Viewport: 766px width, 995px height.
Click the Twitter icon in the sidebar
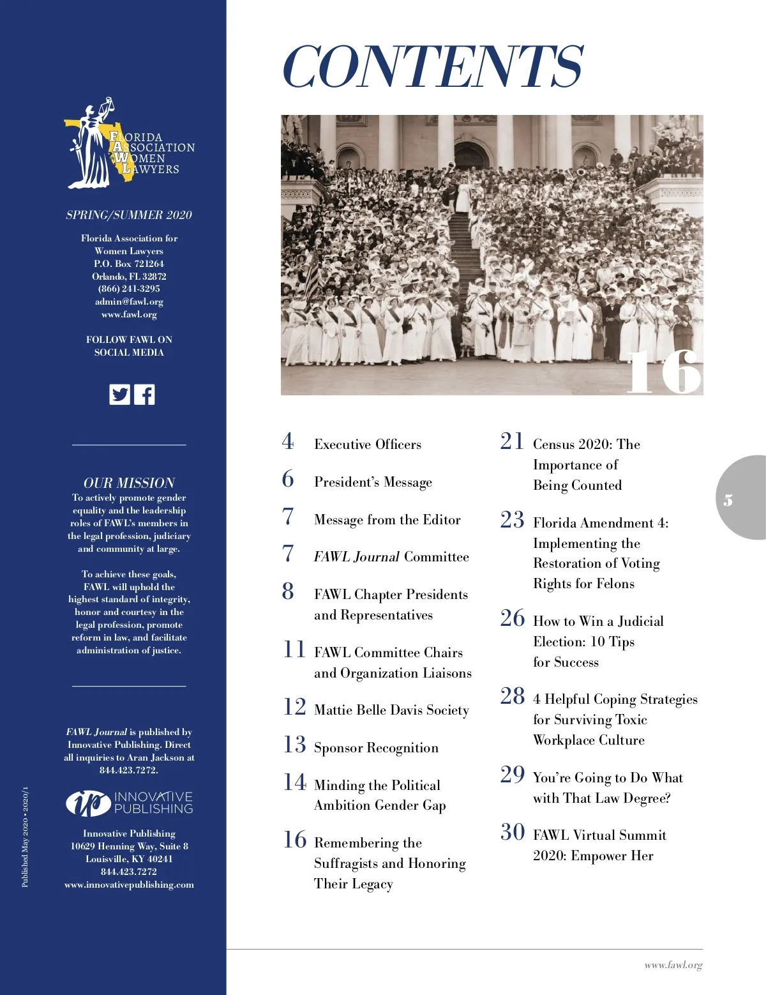(119, 394)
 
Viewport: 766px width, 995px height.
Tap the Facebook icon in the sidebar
(145, 394)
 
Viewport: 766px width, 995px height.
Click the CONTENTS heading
(432, 66)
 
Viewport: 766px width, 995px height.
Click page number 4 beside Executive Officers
(288, 441)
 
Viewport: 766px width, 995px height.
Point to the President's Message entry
(373, 482)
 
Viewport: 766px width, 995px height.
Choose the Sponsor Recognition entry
(376, 748)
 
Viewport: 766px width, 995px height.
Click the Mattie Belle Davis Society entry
(391, 710)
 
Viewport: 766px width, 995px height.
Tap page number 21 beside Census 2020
(512, 441)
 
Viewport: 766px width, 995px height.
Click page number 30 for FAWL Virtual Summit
(513, 832)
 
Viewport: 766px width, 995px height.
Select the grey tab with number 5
(740, 498)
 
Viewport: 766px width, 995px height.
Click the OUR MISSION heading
(129, 483)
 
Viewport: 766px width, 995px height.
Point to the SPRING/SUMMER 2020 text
(129, 215)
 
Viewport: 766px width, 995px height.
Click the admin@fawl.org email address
(129, 301)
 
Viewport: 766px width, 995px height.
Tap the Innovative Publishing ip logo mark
(88, 803)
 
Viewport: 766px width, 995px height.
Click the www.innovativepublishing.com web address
(129, 885)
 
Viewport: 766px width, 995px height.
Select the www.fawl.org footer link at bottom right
(673, 966)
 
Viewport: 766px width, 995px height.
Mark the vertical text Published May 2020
(25, 837)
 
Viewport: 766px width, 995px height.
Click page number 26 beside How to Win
(513, 618)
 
